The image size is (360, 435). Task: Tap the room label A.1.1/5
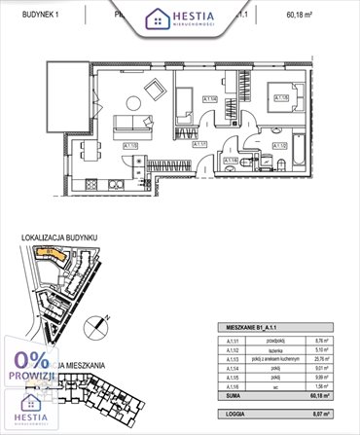coord(280,98)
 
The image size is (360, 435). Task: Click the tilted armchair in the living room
coord(155,90)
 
